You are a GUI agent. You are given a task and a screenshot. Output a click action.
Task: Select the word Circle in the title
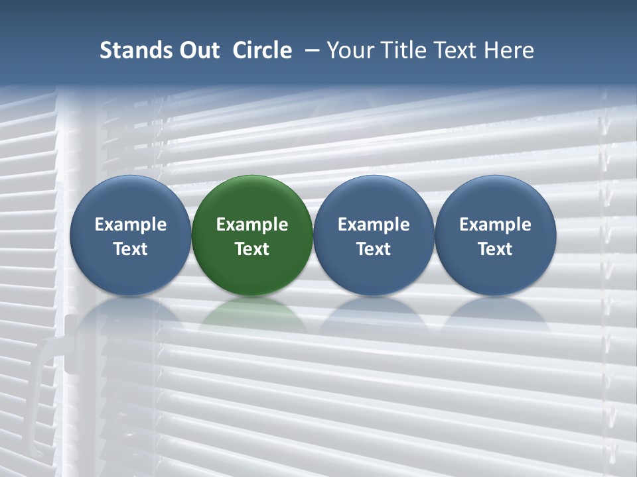pos(262,50)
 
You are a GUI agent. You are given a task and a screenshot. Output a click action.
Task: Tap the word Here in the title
pos(510,50)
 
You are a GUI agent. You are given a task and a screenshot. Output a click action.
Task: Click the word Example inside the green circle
pos(252,225)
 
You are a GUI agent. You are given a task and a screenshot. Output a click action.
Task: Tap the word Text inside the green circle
pos(252,249)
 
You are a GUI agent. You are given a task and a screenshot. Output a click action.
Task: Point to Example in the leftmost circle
pos(130,225)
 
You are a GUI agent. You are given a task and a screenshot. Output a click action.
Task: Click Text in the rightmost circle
pos(496,249)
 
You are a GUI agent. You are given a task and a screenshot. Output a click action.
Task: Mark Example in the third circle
pos(374,225)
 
